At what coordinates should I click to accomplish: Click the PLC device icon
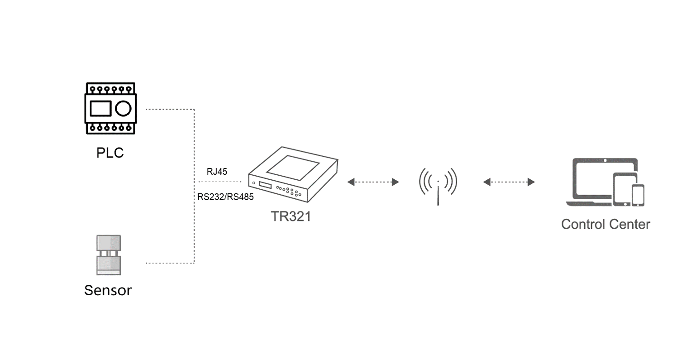click(x=110, y=109)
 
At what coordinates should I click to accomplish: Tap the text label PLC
click(x=110, y=153)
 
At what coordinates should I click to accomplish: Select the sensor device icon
click(x=109, y=255)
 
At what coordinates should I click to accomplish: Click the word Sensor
click(x=108, y=290)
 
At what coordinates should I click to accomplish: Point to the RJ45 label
click(x=217, y=172)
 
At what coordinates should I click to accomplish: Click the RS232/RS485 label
click(x=225, y=197)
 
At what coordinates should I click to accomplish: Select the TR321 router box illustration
click(x=293, y=175)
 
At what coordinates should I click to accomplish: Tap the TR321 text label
click(x=291, y=216)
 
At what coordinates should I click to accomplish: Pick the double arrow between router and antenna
click(x=373, y=182)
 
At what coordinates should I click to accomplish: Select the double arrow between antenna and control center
click(x=509, y=182)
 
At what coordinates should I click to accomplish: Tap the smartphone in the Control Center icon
click(x=638, y=195)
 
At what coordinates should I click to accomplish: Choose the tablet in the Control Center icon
click(x=625, y=189)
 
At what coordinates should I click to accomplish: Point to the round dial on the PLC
click(x=123, y=109)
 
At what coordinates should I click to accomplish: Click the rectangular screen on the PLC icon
click(x=100, y=109)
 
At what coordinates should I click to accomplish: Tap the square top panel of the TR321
click(x=294, y=166)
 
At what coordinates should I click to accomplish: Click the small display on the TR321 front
click(x=265, y=186)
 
